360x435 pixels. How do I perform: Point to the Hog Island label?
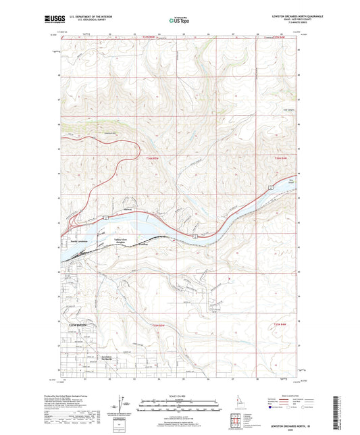click(x=291, y=181)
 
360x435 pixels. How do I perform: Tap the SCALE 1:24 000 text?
click(x=180, y=395)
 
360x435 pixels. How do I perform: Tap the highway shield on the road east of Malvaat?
click(x=194, y=237)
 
